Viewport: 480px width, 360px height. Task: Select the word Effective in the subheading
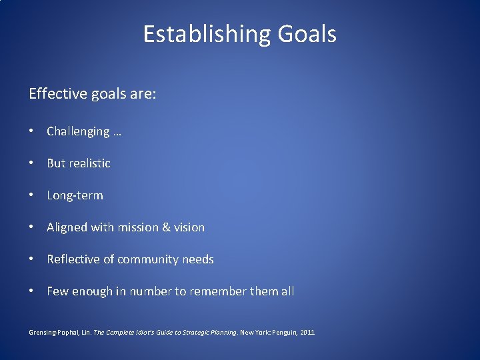click(x=58, y=94)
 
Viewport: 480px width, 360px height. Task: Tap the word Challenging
click(x=78, y=132)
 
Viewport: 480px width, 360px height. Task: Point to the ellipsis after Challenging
click(x=117, y=133)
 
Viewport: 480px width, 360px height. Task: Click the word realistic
click(x=87, y=163)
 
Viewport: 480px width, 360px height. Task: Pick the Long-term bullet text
click(x=75, y=195)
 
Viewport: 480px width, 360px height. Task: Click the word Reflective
click(x=73, y=259)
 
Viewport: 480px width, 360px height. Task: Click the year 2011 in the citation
click(x=308, y=332)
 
